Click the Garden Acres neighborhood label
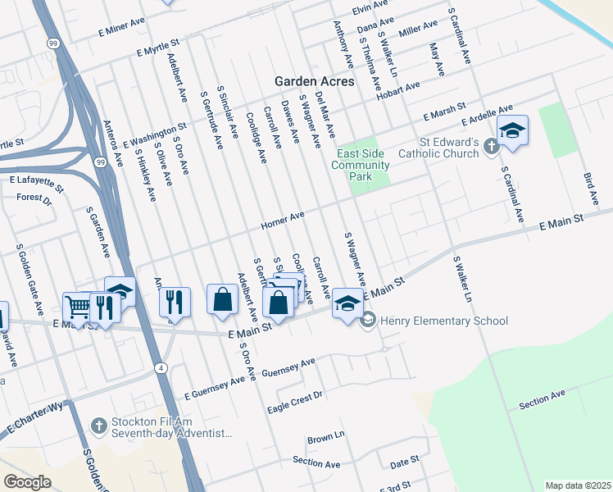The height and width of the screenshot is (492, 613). point(315,82)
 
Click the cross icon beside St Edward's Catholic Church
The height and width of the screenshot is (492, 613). point(491,147)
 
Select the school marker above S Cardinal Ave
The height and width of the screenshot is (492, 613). point(512,131)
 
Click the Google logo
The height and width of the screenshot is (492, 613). point(27,482)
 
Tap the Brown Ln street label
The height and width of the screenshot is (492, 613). point(325,437)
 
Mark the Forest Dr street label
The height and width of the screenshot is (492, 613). point(34,198)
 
